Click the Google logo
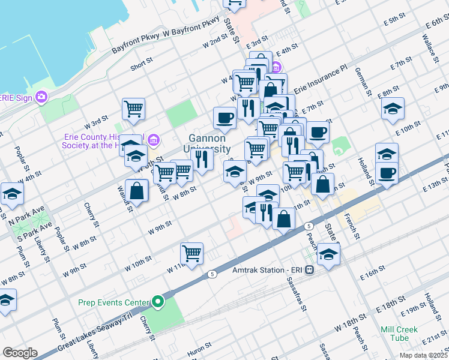(x=20, y=353)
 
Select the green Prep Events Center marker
(x=158, y=301)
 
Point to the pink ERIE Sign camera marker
(x=41, y=96)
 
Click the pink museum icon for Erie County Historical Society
(x=154, y=140)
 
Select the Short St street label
(x=141, y=64)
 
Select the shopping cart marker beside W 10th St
(x=191, y=253)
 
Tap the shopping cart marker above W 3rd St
(x=133, y=109)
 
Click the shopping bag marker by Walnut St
(x=137, y=190)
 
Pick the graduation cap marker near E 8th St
(x=393, y=108)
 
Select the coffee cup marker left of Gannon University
(x=225, y=118)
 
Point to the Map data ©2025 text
(x=423, y=355)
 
